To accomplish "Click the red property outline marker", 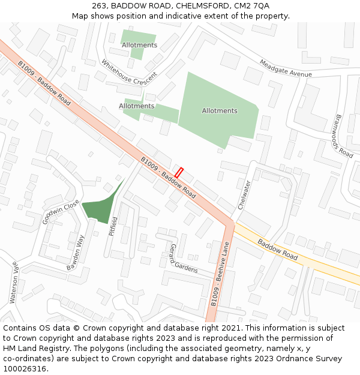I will tap(178, 172).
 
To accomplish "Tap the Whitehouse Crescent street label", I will tap(129, 72).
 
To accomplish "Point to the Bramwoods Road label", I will tap(344, 136).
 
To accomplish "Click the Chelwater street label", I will tap(243, 195).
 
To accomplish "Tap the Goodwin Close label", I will tap(61, 212).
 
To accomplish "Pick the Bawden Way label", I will tap(76, 252).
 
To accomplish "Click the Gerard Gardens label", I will tap(183, 259).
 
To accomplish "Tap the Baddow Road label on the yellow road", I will tap(278, 250).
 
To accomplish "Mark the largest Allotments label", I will tap(220, 111).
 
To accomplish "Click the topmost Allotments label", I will tap(140, 45).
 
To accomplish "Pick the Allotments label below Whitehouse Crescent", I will tap(136, 106).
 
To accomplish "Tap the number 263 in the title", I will tap(100, 5).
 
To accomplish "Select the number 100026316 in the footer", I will tap(25, 368).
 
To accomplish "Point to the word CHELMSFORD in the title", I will tap(202, 5).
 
